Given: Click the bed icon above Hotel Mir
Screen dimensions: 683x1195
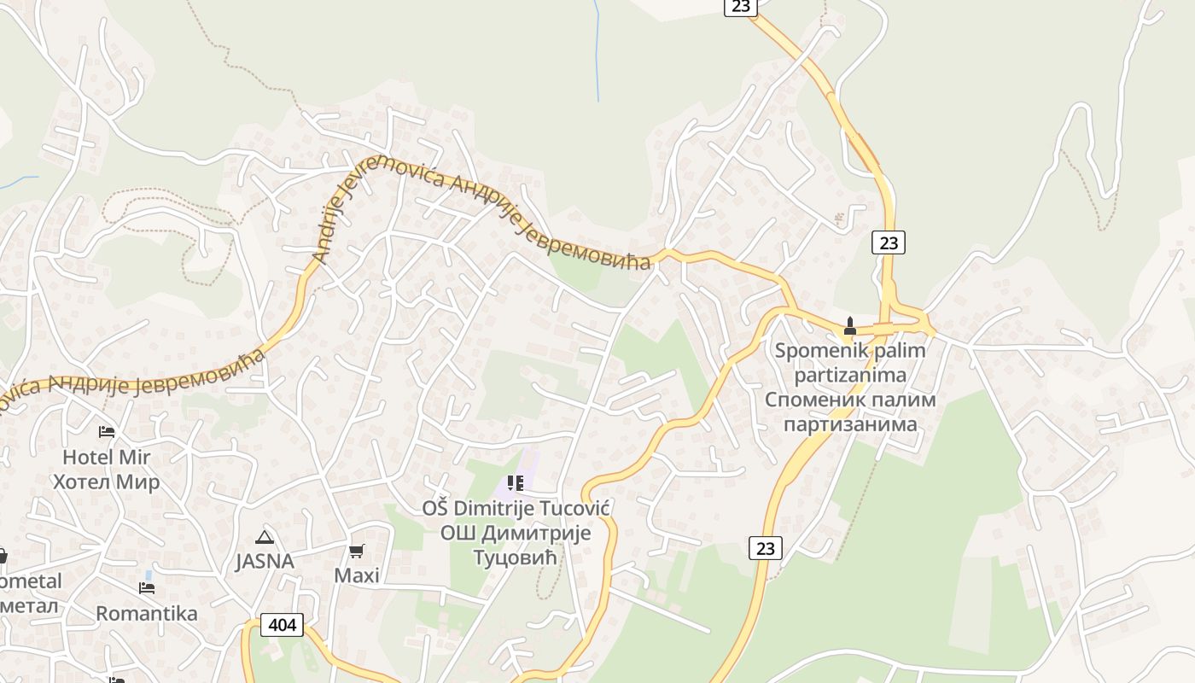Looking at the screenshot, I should pos(107,431).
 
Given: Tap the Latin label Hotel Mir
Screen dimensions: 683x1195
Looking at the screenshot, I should pos(106,457).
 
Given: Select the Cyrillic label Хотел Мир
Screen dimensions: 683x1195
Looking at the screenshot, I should pos(106,482).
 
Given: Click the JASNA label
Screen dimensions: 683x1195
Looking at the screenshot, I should pos(265,561).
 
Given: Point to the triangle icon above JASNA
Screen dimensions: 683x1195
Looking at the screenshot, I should pos(265,537).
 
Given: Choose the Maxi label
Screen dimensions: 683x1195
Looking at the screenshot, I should pos(356,575).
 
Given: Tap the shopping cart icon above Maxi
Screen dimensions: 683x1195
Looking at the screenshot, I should pos(356,551).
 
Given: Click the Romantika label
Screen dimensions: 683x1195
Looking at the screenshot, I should pos(146,613).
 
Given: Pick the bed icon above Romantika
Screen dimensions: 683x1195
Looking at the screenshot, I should pos(147,588).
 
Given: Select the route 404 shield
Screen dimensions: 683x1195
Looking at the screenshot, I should pos(282,625).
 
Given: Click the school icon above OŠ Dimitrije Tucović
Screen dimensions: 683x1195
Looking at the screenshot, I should pos(515,483).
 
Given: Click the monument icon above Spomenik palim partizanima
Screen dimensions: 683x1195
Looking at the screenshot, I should pos(849,326).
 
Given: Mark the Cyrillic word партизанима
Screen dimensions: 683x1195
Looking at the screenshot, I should pos(850,423).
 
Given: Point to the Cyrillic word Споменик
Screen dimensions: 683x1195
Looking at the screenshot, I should pos(814,399).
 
